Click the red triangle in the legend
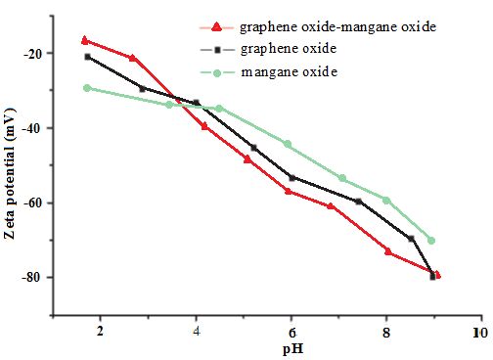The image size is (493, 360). pyautogui.click(x=216, y=27)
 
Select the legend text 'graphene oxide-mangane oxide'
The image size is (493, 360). pyautogui.click(x=337, y=27)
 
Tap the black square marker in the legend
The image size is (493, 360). pyautogui.click(x=217, y=50)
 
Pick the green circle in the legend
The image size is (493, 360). pyautogui.click(x=217, y=73)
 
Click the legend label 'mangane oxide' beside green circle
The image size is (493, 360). pyautogui.click(x=290, y=72)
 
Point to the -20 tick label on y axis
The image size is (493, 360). pyautogui.click(x=32, y=54)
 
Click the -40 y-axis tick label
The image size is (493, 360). pyautogui.click(x=32, y=128)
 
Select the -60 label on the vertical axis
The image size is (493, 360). pyautogui.click(x=32, y=203)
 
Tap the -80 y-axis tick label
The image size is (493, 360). pyautogui.click(x=32, y=278)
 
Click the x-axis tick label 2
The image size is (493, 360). pyautogui.click(x=100, y=332)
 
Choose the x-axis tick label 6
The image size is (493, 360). pyautogui.click(x=292, y=334)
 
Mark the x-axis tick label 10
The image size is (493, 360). pyautogui.click(x=481, y=333)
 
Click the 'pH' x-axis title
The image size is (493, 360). pyautogui.click(x=292, y=349)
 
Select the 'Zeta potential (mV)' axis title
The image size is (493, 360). pyautogui.click(x=10, y=174)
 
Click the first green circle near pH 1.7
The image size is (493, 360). pyautogui.click(x=87, y=88)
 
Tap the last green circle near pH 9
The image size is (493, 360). pyautogui.click(x=431, y=241)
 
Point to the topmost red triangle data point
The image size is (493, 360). pyautogui.click(x=85, y=40)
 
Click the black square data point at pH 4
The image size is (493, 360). pyautogui.click(x=197, y=103)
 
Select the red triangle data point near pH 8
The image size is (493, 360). pyautogui.click(x=388, y=251)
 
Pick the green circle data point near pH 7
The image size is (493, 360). pyautogui.click(x=342, y=178)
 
